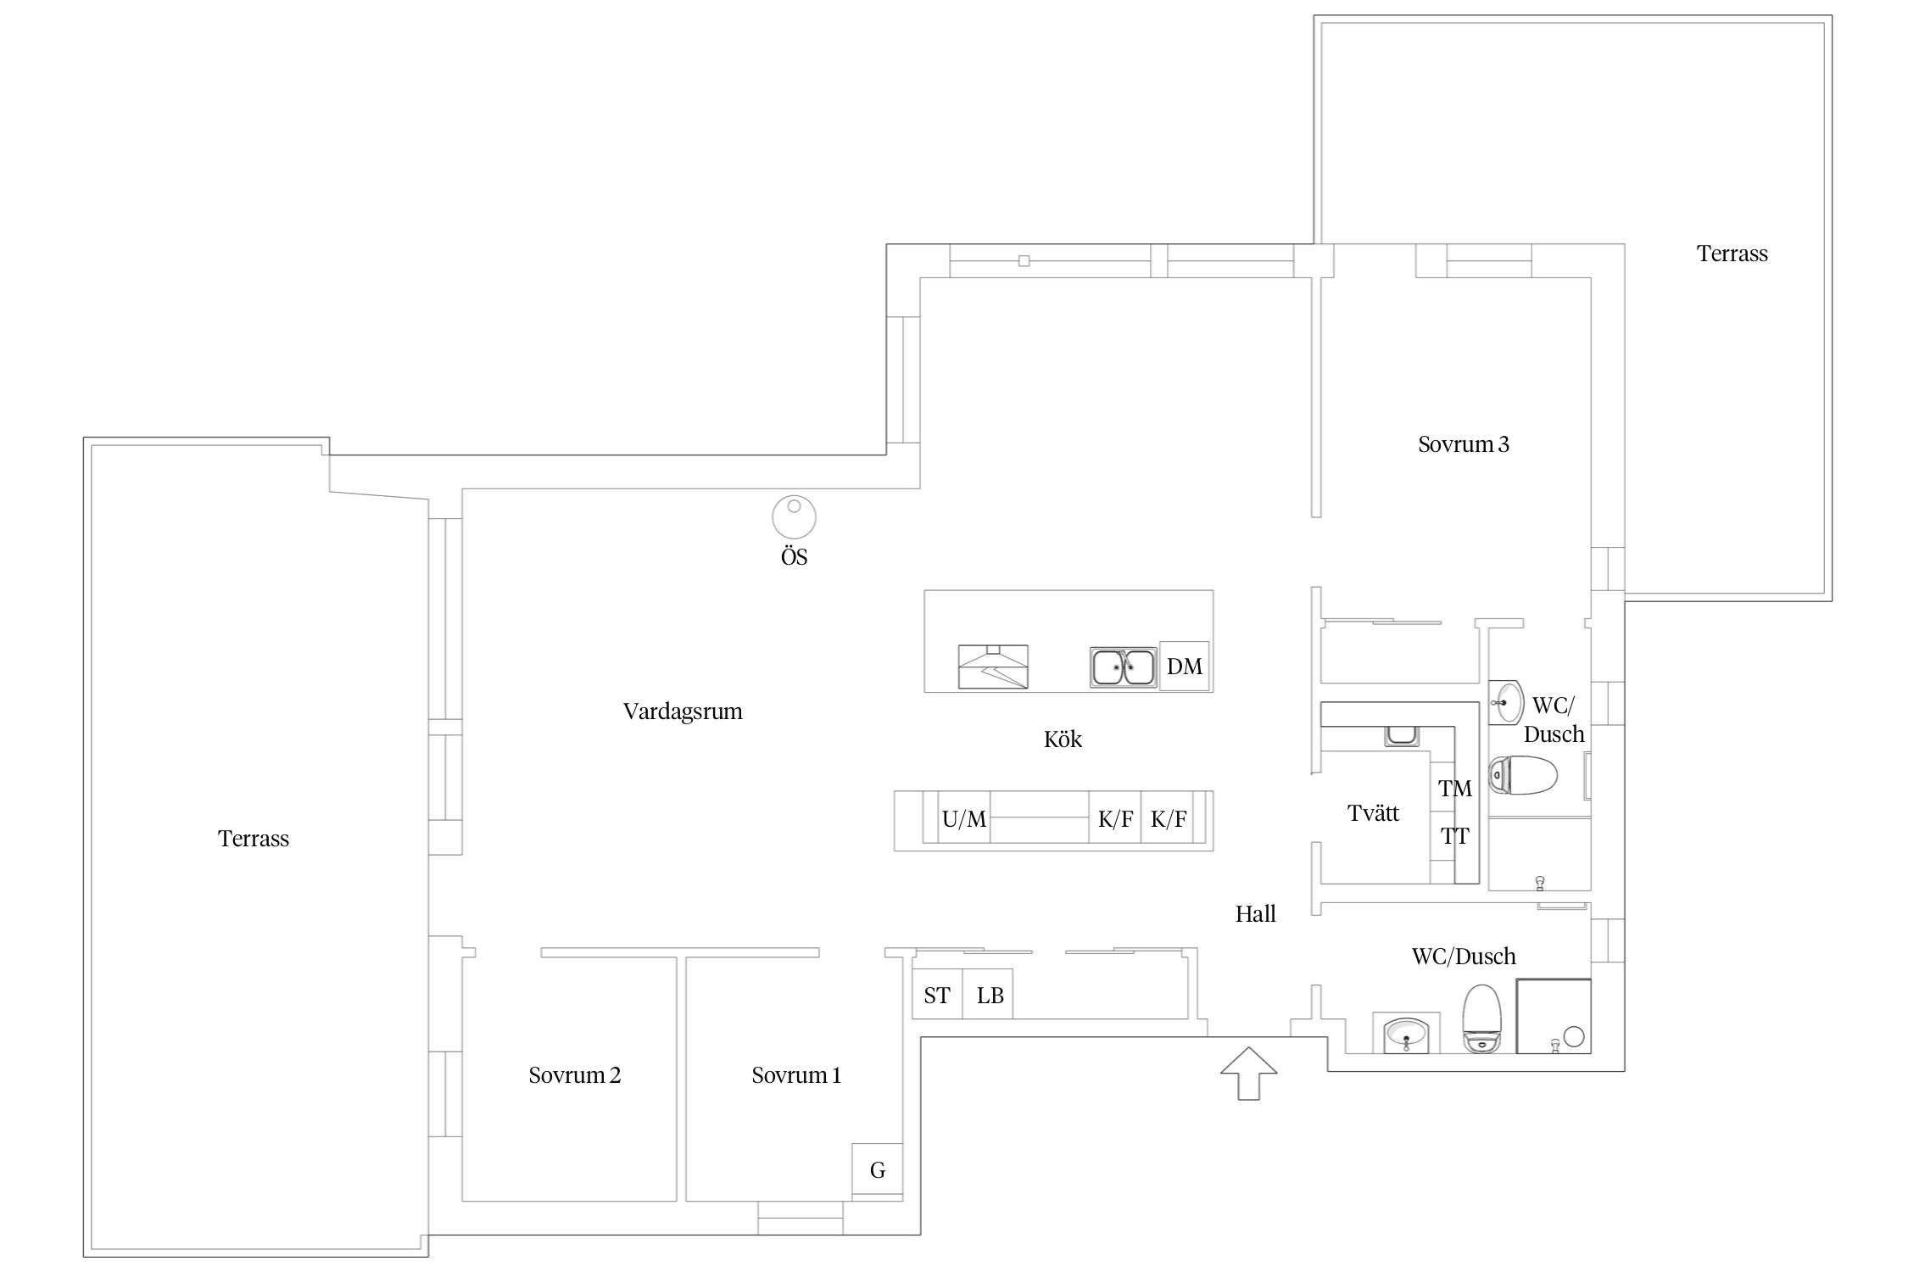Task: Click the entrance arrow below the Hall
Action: [1248, 1074]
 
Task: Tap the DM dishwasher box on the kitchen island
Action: [1185, 667]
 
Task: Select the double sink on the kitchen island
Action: [1124, 667]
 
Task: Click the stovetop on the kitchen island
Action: [993, 667]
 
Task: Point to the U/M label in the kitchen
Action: [964, 819]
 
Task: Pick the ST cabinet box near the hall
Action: [937, 994]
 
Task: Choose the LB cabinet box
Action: [989, 994]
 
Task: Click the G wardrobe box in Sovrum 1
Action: [878, 1169]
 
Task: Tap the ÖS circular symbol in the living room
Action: [794, 516]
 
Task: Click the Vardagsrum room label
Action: [683, 711]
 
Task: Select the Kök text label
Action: [1063, 739]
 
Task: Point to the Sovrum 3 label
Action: [1464, 444]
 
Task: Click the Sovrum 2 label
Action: [575, 1075]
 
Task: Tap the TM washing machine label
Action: [1455, 789]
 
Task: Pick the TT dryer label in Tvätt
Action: [1455, 836]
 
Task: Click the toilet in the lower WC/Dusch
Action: [1481, 1018]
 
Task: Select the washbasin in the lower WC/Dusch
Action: [1406, 1034]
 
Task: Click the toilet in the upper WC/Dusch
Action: [1523, 775]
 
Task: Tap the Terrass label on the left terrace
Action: [254, 839]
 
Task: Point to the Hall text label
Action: [1255, 914]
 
